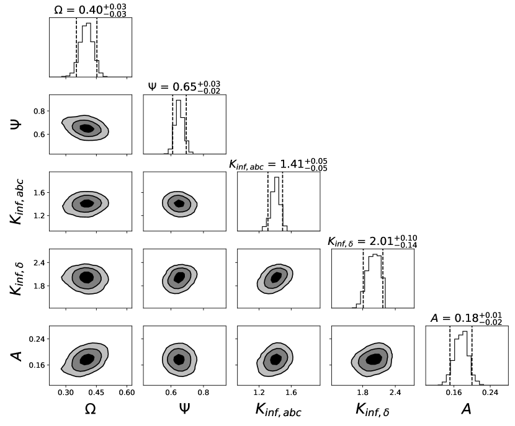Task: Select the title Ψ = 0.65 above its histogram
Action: click(184, 87)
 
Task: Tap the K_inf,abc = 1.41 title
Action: click(278, 164)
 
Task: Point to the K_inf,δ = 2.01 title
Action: click(372, 241)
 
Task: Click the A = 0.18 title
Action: click(467, 318)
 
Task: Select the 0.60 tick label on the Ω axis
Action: click(127, 392)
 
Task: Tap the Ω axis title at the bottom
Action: click(89, 409)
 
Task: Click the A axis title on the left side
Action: click(17, 355)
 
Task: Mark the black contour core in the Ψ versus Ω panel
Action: click(86, 128)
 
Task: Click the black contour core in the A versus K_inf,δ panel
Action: click(374, 359)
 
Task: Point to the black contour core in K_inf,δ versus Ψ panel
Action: click(179, 278)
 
